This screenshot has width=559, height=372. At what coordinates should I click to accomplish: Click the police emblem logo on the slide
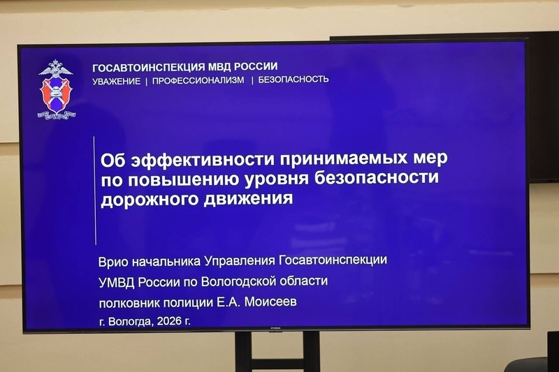coord(56,89)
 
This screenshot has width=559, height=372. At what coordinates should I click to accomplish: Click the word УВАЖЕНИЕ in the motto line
coord(116,80)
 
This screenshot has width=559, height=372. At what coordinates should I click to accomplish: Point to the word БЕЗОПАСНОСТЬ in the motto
coord(293,80)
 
